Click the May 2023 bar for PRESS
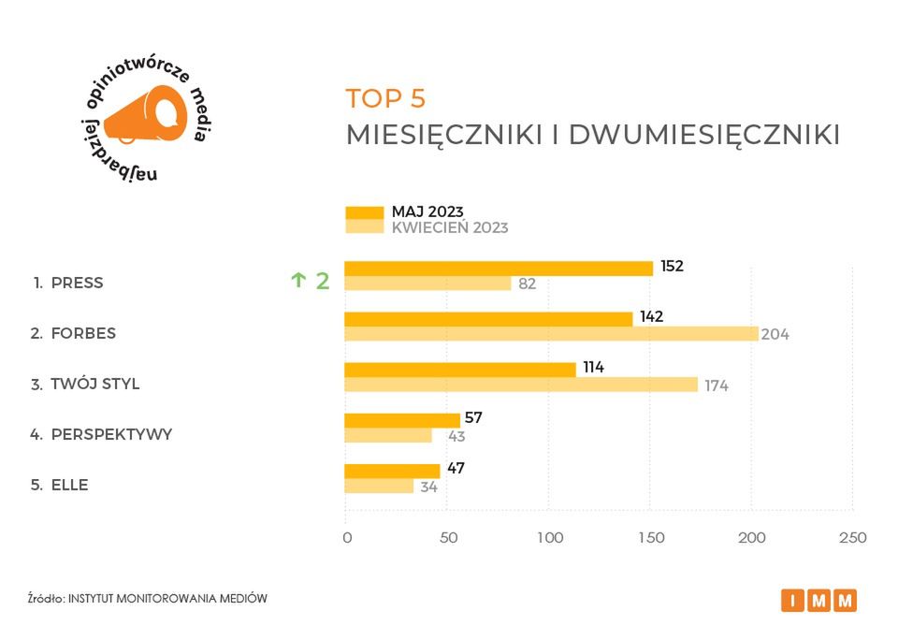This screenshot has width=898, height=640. tap(499, 269)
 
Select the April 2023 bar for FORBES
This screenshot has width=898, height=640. tap(551, 334)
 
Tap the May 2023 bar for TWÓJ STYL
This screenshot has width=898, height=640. tap(460, 370)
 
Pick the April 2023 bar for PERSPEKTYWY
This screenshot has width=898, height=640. tap(389, 435)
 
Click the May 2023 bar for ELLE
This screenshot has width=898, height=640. tap(392, 471)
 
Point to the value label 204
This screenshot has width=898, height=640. tap(775, 334)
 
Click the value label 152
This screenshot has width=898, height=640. tap(672, 266)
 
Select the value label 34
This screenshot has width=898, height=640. tap(428, 487)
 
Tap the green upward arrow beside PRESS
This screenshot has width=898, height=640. tap(298, 280)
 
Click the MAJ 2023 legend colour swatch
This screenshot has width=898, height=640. tap(364, 212)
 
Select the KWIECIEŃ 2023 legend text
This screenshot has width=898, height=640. tap(450, 227)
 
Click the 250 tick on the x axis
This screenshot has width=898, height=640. tap(853, 538)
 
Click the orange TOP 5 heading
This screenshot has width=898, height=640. tap(385, 98)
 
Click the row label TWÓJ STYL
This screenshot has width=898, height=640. tap(94, 384)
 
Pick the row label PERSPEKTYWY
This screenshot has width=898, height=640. tap(111, 434)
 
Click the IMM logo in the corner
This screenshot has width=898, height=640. tap(818, 601)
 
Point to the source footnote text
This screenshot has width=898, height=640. tap(148, 598)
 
